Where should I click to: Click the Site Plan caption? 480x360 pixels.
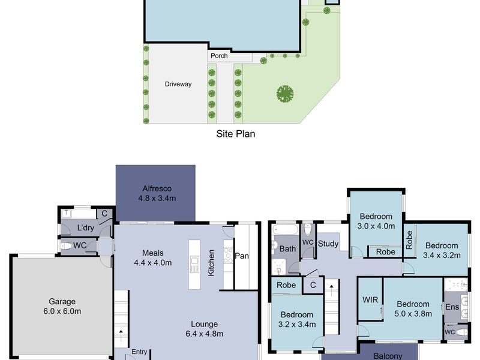pyautogui.click(x=235, y=134)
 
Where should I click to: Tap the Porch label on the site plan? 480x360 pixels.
pyautogui.click(x=219, y=56)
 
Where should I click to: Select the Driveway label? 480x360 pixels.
pyautogui.click(x=178, y=84)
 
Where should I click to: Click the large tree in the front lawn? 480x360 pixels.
pyautogui.click(x=285, y=94)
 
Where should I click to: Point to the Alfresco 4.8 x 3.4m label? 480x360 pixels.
pyautogui.click(x=157, y=193)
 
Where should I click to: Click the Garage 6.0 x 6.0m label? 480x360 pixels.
pyautogui.click(x=62, y=307)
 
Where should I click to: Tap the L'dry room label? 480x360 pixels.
pyautogui.click(x=85, y=228)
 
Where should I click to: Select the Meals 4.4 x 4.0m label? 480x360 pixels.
pyautogui.click(x=153, y=258)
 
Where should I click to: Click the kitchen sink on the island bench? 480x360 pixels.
pyautogui.click(x=194, y=265)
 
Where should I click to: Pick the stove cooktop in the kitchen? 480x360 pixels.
pyautogui.click(x=228, y=255)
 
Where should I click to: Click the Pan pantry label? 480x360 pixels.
pyautogui.click(x=242, y=256)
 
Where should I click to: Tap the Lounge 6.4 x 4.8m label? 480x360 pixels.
pyautogui.click(x=204, y=329)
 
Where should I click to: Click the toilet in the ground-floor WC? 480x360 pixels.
pyautogui.click(x=65, y=245)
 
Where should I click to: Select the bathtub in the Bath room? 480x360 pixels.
pyautogui.click(x=286, y=230)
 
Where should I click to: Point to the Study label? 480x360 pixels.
pyautogui.click(x=328, y=244)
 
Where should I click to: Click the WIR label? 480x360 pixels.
pyautogui.click(x=370, y=299)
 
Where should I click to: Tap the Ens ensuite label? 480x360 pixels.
pyautogui.click(x=452, y=307)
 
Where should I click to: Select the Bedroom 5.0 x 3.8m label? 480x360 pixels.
pyautogui.click(x=413, y=308)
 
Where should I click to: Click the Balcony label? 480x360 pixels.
pyautogui.click(x=388, y=356)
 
